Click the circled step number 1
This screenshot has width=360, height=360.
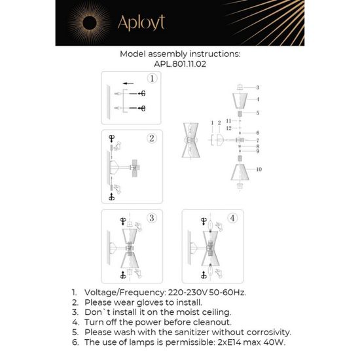pos(152,80)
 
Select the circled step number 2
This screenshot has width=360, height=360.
pos(152,138)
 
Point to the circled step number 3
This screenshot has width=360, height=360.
pos(152,218)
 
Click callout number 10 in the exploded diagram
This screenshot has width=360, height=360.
pos(259,169)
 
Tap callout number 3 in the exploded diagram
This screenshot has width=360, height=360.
pos(257,87)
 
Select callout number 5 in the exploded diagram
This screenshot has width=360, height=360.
pos(258,113)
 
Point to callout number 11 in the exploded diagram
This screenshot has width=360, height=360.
pos(227,122)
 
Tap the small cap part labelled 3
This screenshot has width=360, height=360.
pos(240,86)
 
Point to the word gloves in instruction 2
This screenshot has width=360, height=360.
pos(154,304)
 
